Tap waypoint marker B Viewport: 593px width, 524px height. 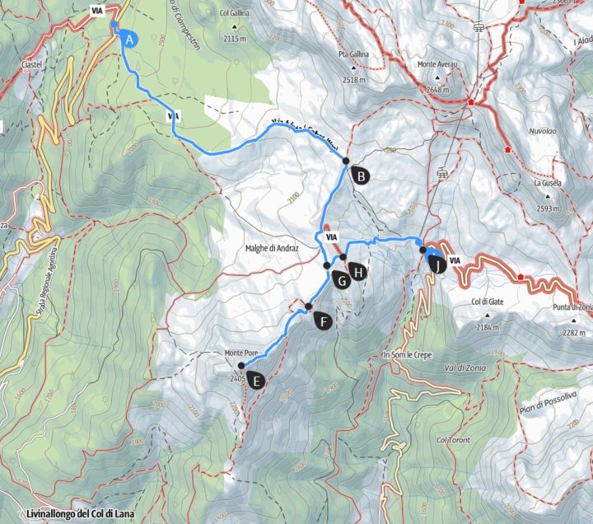pos(360,174)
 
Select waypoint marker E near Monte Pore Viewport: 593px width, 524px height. pos(257,380)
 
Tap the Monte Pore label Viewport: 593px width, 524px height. pos(241,354)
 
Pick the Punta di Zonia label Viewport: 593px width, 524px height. pos(573,308)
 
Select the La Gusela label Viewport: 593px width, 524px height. pos(546,183)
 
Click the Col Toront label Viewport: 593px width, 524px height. pos(453,441)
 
